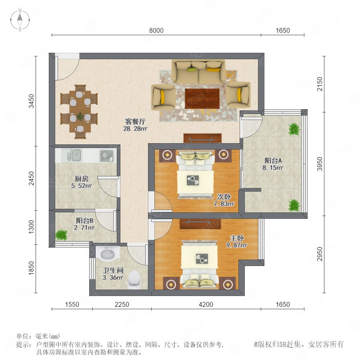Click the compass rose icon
(20, 20)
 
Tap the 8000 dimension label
(156, 30)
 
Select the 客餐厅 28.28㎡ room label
(135, 125)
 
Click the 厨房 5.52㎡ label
(82, 182)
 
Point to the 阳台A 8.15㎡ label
(273, 164)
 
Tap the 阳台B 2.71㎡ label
(84, 224)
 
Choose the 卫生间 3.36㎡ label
(113, 274)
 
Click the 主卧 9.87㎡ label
(237, 242)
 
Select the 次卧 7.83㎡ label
(224, 200)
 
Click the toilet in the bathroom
(134, 279)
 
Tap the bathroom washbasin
(108, 254)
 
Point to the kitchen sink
(74, 156)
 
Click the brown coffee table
(202, 98)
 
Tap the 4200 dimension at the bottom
(206, 305)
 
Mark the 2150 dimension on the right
(320, 84)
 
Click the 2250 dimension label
(122, 305)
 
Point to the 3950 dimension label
(320, 164)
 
